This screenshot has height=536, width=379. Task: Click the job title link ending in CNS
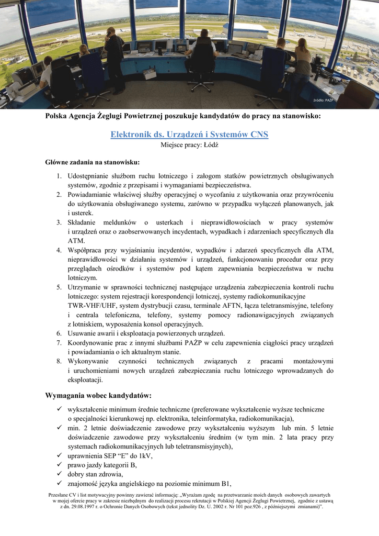[x=189, y=135]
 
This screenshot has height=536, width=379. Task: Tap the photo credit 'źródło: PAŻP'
[x=323, y=99]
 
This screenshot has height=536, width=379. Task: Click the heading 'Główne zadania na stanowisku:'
[x=93, y=162]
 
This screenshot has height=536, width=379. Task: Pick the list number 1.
[x=60, y=176]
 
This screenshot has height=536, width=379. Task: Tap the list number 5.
[x=60, y=287]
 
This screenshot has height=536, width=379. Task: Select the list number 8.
[x=60, y=361]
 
